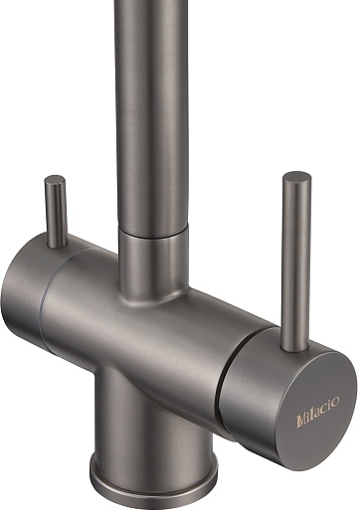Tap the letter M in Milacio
click(301, 421)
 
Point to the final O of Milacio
click(335, 402)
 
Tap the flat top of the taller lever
click(297, 176)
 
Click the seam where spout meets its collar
click(153, 234)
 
